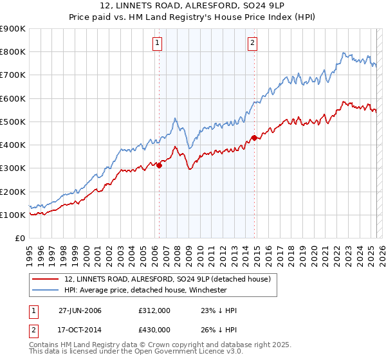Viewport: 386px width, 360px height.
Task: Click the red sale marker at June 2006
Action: tap(160, 165)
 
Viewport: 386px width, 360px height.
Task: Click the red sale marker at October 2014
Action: tap(254, 138)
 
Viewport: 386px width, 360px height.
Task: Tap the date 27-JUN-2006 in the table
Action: tap(80, 310)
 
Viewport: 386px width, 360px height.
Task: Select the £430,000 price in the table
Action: tap(154, 329)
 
